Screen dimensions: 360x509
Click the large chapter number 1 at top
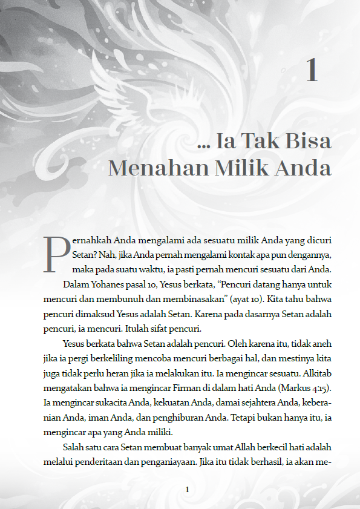pos(312,70)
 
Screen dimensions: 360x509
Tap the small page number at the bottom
pos(188,489)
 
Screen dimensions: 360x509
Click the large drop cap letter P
pos(56,254)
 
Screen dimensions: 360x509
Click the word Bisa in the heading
pos(309,141)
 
